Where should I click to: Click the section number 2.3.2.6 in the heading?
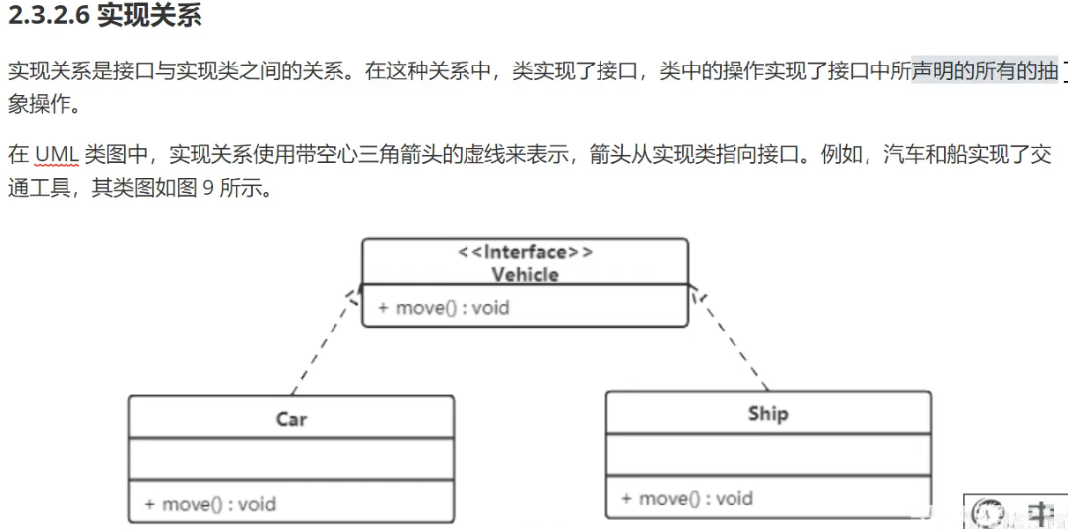[x=49, y=17]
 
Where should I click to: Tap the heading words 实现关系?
[x=149, y=17]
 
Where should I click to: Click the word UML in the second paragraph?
[x=57, y=155]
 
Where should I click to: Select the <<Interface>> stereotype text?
[x=525, y=252]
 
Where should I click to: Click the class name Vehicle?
[x=525, y=274]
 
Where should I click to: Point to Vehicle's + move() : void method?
[x=444, y=307]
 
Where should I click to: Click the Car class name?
[x=291, y=419]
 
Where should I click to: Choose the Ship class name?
[x=768, y=413]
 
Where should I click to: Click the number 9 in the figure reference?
[x=207, y=187]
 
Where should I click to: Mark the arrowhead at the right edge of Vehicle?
[x=695, y=293]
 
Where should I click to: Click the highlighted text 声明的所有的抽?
[x=985, y=72]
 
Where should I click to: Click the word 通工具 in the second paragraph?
[x=39, y=187]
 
